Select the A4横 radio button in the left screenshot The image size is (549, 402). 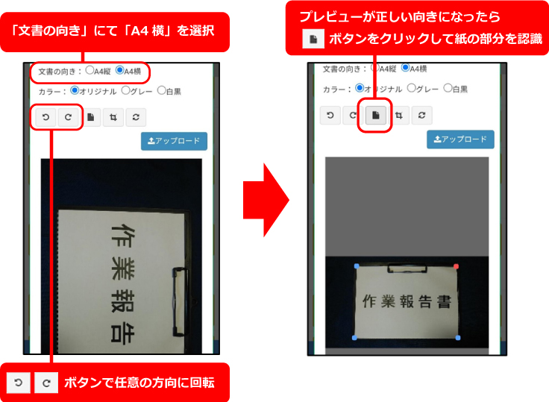point(120,70)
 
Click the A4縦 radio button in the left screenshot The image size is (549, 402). point(90,70)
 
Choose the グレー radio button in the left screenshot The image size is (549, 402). point(126,90)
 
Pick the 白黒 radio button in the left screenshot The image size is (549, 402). point(161,90)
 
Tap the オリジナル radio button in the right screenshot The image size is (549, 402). point(360,88)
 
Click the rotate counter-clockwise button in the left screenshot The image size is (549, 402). point(46,117)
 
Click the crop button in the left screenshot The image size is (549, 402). point(113,117)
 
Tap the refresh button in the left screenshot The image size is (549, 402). point(136,117)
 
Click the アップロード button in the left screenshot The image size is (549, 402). point(174,141)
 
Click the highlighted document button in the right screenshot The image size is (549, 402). point(376,115)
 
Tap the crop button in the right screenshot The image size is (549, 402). point(399,115)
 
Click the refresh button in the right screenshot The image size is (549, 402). point(421,115)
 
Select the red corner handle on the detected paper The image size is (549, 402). point(456,266)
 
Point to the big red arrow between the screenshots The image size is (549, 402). point(266,200)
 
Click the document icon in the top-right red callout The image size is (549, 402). point(313,39)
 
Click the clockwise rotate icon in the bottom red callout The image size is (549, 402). point(46,383)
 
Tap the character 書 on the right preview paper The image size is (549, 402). point(444,301)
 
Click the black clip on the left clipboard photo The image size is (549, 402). point(181,302)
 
